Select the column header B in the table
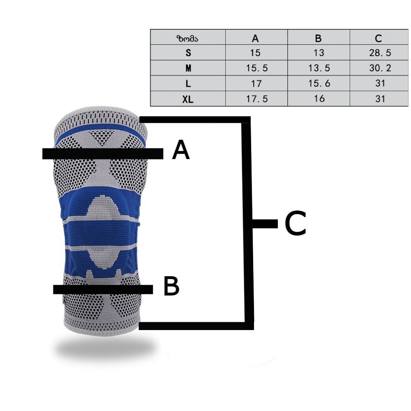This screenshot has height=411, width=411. tap(318, 39)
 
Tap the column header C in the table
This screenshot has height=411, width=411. tap(378, 39)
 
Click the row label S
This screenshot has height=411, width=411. tap(188, 53)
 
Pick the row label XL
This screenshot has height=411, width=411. tap(188, 99)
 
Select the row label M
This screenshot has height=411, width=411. tap(188, 68)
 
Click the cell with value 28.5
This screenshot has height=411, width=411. tap(380, 53)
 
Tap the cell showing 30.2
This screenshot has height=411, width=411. tap(380, 68)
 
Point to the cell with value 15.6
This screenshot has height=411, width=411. tap(319, 83)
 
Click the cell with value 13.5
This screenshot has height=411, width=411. tap(319, 68)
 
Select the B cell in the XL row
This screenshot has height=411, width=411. tap(319, 99)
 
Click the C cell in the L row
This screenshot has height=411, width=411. tap(380, 83)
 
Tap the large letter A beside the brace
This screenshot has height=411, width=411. tap(181, 150)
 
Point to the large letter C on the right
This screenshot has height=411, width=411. tap(296, 224)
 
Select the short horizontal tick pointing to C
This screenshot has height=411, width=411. tap(265, 224)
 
